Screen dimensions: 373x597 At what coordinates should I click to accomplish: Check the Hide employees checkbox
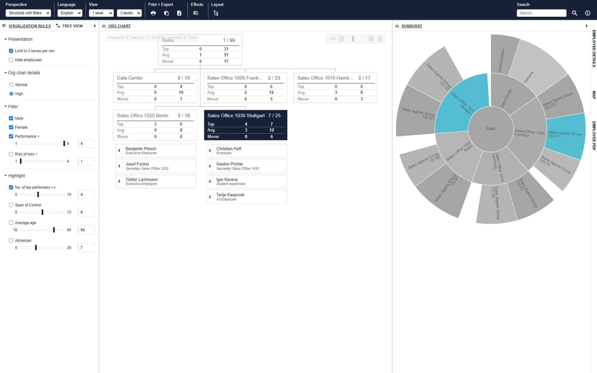coord(11,60)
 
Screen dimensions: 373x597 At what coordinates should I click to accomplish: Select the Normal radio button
coord(12,85)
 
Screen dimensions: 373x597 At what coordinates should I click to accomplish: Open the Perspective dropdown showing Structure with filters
coord(28,13)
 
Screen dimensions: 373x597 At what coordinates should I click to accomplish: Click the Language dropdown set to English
coord(70,13)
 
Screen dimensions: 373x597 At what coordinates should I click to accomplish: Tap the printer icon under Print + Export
coord(153,13)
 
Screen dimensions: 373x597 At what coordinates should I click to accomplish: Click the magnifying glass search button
coord(574,13)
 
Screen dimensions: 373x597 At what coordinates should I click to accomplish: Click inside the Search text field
coord(541,13)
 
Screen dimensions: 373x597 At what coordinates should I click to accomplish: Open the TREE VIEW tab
coord(72,26)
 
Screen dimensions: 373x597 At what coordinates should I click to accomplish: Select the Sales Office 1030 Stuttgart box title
coord(236,116)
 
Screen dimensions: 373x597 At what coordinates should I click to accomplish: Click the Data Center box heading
coord(130,78)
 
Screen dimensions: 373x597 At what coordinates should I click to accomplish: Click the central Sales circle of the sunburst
coord(490,129)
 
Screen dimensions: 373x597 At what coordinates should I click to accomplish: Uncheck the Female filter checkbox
coord(11,127)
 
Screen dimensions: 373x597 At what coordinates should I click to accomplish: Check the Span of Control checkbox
coord(11,205)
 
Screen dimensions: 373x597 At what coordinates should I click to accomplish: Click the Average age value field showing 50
coord(86,230)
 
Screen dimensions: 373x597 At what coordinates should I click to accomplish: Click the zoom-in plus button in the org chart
coord(371,39)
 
